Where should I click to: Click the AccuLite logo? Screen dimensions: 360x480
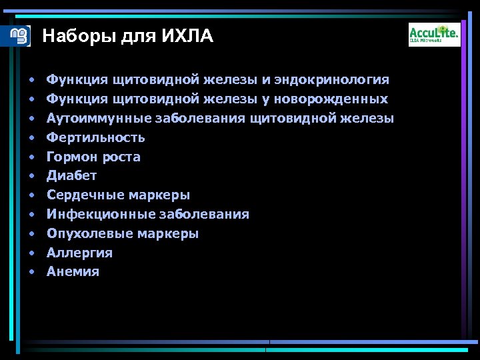[x=434, y=34]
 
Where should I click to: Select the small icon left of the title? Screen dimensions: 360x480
[x=21, y=35]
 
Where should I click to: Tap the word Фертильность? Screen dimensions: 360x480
[x=95, y=138]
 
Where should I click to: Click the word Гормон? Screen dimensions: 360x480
[x=72, y=157]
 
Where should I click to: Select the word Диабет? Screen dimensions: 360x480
[x=71, y=176]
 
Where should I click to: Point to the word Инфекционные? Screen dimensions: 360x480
[x=100, y=215]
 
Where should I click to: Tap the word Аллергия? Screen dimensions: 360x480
[x=79, y=253]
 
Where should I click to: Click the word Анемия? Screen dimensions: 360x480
[x=73, y=272]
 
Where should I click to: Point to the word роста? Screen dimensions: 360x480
[x=121, y=157]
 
